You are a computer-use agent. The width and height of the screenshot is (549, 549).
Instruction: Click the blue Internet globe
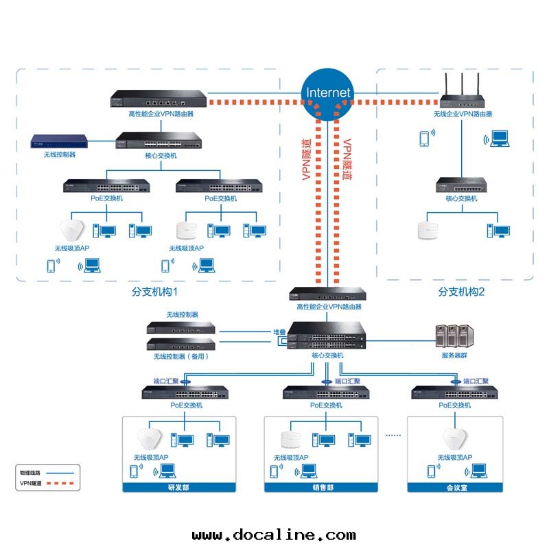[x=328, y=93]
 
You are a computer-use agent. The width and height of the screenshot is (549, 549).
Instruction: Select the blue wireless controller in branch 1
[x=60, y=142]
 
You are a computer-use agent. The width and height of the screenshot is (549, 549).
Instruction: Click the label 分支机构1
[x=154, y=292]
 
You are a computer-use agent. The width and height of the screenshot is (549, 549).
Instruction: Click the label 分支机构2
[x=461, y=292]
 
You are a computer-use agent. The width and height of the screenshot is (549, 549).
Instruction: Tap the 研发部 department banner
[x=178, y=487]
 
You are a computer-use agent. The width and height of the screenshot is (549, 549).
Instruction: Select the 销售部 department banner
[x=321, y=487]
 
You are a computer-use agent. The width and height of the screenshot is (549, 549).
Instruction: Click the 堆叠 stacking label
[x=279, y=332]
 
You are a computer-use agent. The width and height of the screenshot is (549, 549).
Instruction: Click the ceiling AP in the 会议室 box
[x=454, y=439]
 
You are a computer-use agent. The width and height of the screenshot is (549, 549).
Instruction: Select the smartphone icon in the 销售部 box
[x=274, y=471]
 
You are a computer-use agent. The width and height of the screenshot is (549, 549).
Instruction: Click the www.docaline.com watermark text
[x=274, y=535]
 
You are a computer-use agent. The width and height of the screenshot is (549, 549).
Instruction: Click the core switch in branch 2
[x=461, y=185]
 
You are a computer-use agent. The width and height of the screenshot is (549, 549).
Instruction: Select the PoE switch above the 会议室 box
[x=454, y=393]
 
